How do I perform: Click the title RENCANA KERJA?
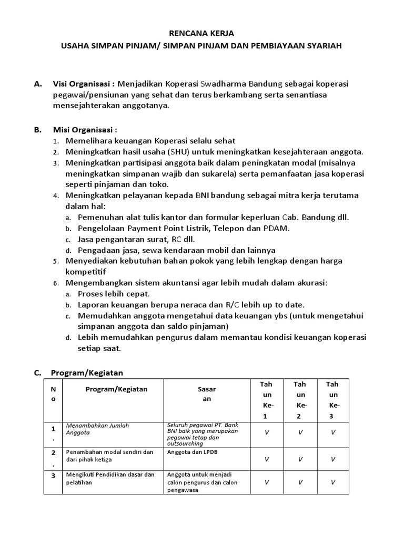202,33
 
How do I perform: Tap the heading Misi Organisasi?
84,130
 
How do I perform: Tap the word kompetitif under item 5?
86,272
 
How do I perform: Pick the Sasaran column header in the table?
207,394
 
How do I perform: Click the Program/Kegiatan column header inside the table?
117,389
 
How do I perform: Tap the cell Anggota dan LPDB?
189,451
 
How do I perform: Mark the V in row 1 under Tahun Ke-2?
300,432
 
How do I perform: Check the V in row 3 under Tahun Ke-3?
333,482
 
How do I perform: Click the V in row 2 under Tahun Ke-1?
267,459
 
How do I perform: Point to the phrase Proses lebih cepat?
114,294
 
